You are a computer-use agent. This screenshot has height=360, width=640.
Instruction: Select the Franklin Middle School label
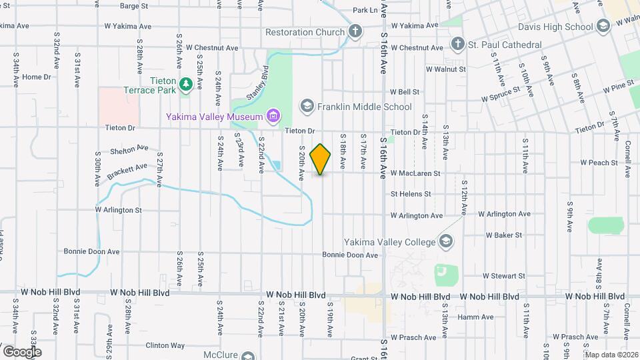(x=364, y=107)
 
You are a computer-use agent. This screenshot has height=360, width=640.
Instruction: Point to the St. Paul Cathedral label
(x=505, y=45)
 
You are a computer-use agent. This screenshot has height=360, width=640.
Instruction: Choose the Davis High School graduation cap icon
(x=603, y=27)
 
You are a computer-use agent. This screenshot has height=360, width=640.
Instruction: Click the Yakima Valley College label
(x=389, y=241)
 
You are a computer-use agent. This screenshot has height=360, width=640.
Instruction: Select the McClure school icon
(x=249, y=356)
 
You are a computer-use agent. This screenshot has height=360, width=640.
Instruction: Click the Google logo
(x=22, y=351)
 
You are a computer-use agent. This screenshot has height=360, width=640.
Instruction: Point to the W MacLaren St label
(x=415, y=173)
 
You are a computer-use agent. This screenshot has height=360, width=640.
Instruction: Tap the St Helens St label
(x=412, y=194)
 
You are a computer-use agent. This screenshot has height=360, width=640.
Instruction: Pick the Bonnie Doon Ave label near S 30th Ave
(x=91, y=252)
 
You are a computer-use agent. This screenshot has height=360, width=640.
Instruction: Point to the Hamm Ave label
(x=475, y=317)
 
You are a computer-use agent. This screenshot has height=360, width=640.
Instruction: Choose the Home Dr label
(x=37, y=77)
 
